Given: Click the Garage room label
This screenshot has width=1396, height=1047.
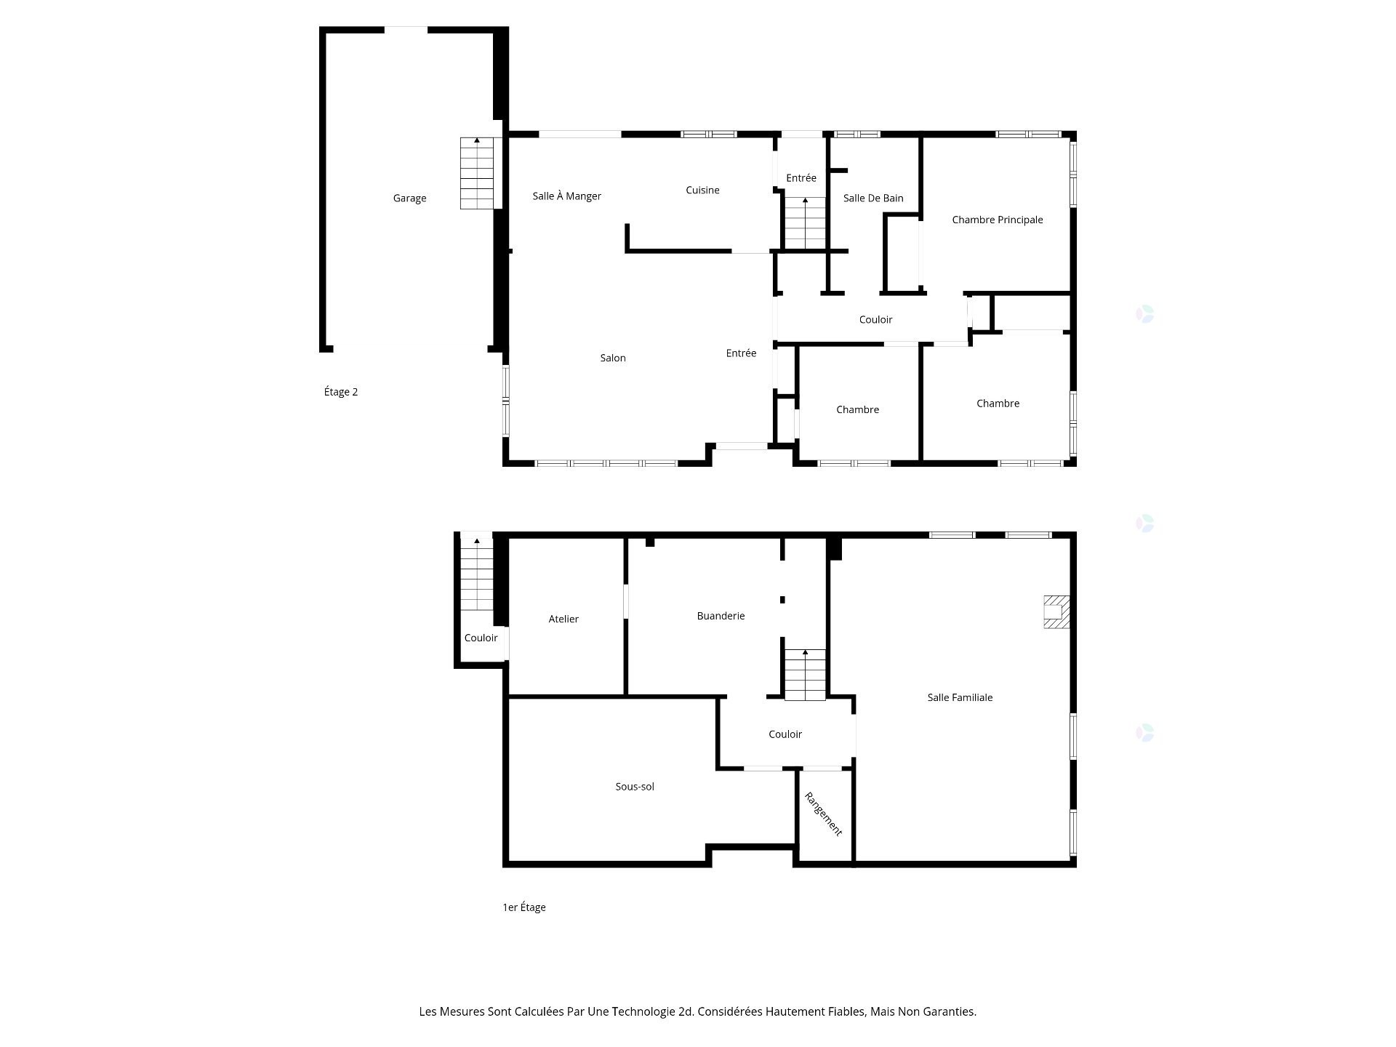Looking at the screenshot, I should (409, 198).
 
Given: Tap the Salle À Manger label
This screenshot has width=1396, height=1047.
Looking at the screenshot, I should (566, 196).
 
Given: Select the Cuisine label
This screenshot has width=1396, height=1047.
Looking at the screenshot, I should (702, 190).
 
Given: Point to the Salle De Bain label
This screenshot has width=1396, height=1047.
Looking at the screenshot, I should (873, 198).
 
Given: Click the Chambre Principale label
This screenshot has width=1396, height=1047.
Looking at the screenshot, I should (997, 220).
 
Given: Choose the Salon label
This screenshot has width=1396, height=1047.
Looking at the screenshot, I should (612, 358).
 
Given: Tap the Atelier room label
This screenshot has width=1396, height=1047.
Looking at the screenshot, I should (563, 619).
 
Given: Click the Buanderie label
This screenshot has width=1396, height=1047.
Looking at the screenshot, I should (721, 616).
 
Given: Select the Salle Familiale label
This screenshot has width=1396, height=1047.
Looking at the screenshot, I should (960, 697).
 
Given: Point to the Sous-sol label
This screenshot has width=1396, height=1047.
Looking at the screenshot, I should (635, 787).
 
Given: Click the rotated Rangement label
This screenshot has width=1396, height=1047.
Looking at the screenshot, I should (823, 814).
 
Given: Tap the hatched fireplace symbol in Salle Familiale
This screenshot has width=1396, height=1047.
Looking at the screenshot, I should (1056, 611).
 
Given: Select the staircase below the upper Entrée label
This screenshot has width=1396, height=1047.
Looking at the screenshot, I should (805, 223).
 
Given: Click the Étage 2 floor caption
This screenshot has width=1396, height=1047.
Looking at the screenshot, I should (340, 392).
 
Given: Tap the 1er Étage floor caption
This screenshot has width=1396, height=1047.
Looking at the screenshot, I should (523, 907).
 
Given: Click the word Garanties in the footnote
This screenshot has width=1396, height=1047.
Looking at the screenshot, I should (950, 1011).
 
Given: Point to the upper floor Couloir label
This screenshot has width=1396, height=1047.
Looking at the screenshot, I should (875, 319).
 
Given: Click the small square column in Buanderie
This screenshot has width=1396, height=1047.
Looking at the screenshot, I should (782, 600).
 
